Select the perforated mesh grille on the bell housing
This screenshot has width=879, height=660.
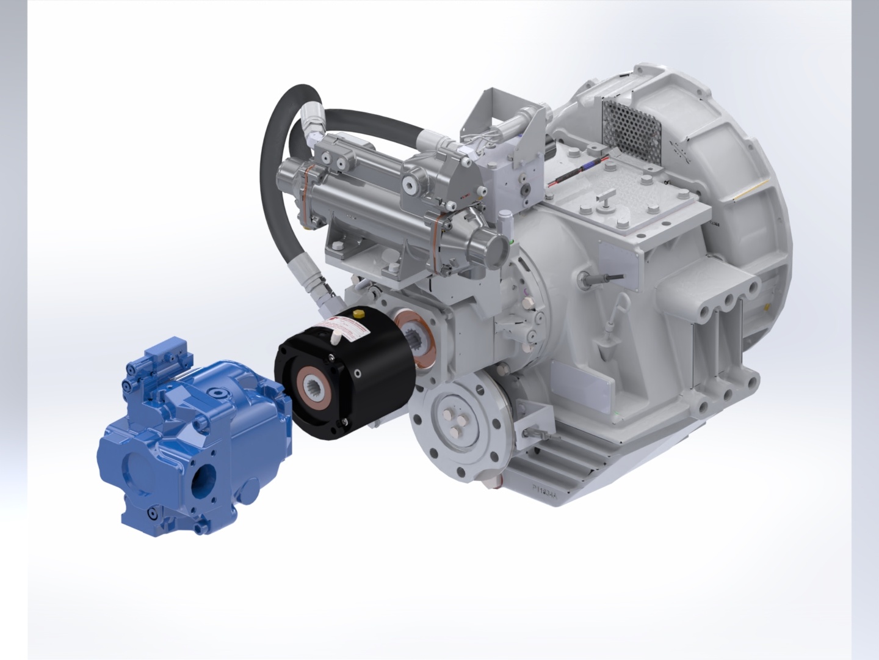coord(631,125)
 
